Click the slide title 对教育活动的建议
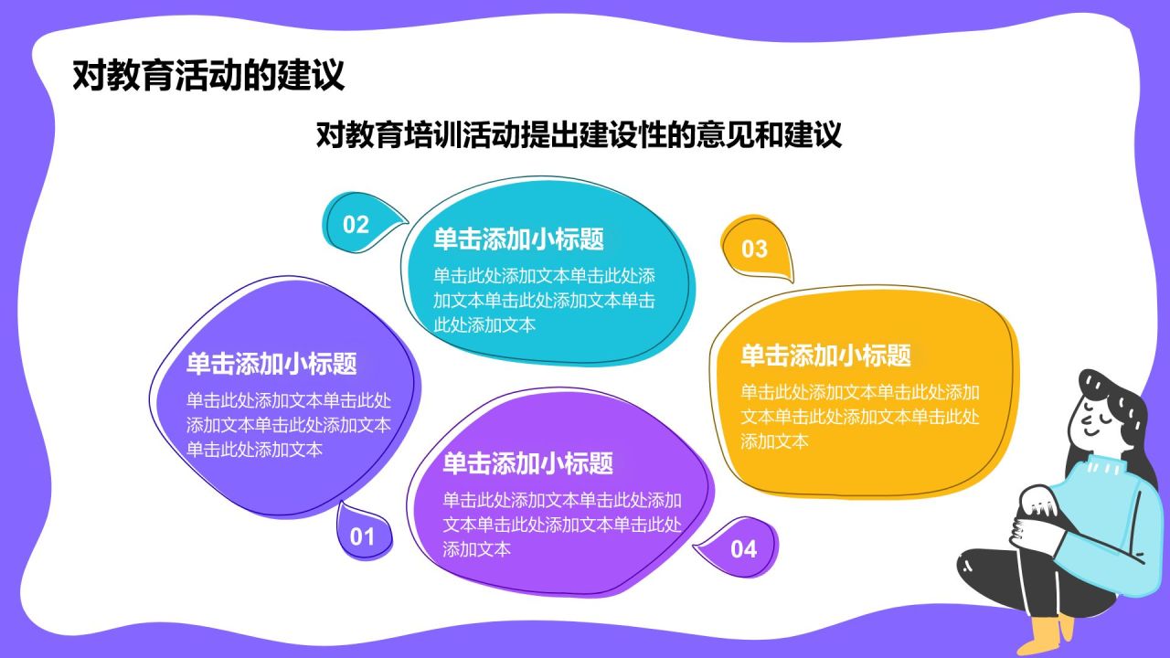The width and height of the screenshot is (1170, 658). tap(208, 75)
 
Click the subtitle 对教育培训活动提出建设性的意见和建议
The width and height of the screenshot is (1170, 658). tap(578, 135)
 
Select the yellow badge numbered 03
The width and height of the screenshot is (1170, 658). tap(755, 248)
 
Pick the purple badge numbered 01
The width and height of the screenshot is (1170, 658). tap(363, 536)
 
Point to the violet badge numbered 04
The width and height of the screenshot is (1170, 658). tap(743, 548)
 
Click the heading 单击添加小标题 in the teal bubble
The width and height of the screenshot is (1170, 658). tap(518, 239)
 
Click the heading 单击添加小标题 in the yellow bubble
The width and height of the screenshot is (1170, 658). tap(825, 355)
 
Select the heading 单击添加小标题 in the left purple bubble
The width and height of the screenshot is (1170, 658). tap(271, 364)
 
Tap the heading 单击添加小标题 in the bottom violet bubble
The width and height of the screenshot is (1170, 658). tap(527, 463)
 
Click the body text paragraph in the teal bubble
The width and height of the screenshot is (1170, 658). tap(545, 300)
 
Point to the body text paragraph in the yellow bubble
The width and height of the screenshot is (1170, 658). tap(859, 417)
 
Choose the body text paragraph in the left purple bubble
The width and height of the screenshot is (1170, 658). tap(289, 425)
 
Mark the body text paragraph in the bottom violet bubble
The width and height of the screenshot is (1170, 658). tap(563, 525)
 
